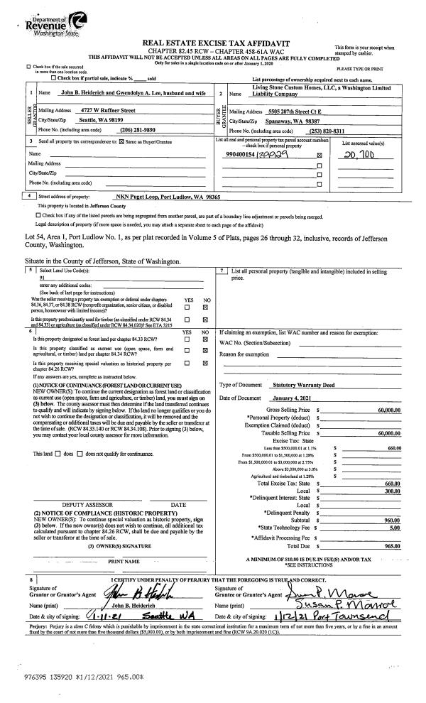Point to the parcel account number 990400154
pyautogui.click(x=239, y=174)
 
